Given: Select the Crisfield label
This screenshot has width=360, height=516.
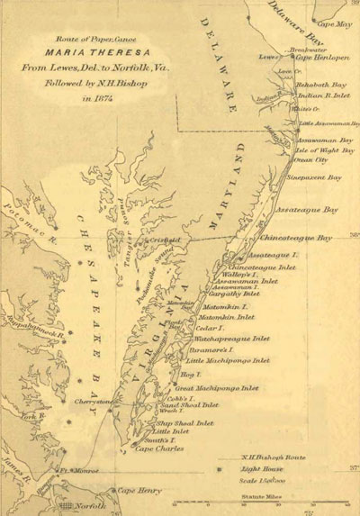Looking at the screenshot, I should (166, 240).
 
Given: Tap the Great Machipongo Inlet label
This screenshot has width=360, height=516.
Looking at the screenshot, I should (219, 388).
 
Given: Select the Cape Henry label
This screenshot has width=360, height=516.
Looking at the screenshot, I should (134, 490).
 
